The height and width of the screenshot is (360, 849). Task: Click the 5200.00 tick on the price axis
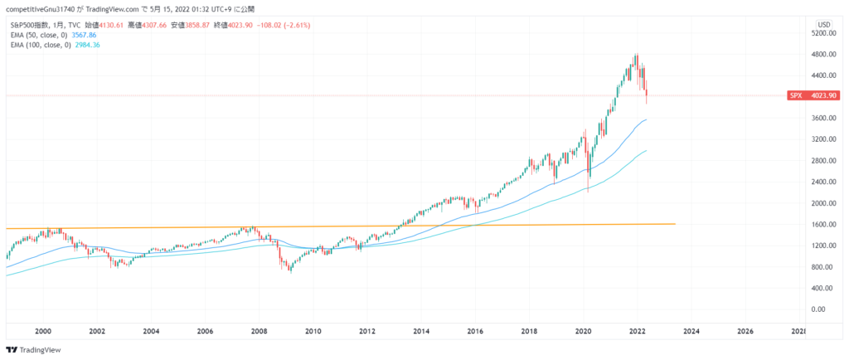click(x=824, y=33)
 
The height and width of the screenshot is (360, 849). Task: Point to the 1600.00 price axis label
click(x=824, y=225)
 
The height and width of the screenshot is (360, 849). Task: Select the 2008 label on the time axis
click(x=259, y=330)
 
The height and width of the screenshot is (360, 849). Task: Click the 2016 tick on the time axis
click(x=475, y=330)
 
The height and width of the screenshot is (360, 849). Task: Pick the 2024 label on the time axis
click(x=691, y=330)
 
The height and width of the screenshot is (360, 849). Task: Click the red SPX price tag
click(x=796, y=95)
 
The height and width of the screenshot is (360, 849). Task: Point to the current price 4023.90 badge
click(x=824, y=95)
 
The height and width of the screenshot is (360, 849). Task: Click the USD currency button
click(x=824, y=24)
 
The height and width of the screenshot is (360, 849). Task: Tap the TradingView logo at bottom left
click(x=30, y=350)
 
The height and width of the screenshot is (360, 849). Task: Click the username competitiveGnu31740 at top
click(x=40, y=8)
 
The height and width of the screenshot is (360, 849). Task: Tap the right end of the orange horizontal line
click(x=674, y=224)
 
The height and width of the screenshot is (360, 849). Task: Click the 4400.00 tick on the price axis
click(x=824, y=75)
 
